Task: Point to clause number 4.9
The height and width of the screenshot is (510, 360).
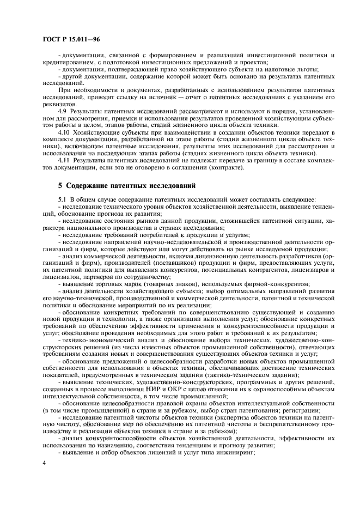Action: pos(63,111)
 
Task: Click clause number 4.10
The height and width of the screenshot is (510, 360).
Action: pos(64,132)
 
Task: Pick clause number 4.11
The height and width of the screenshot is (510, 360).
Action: pos(64,161)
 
